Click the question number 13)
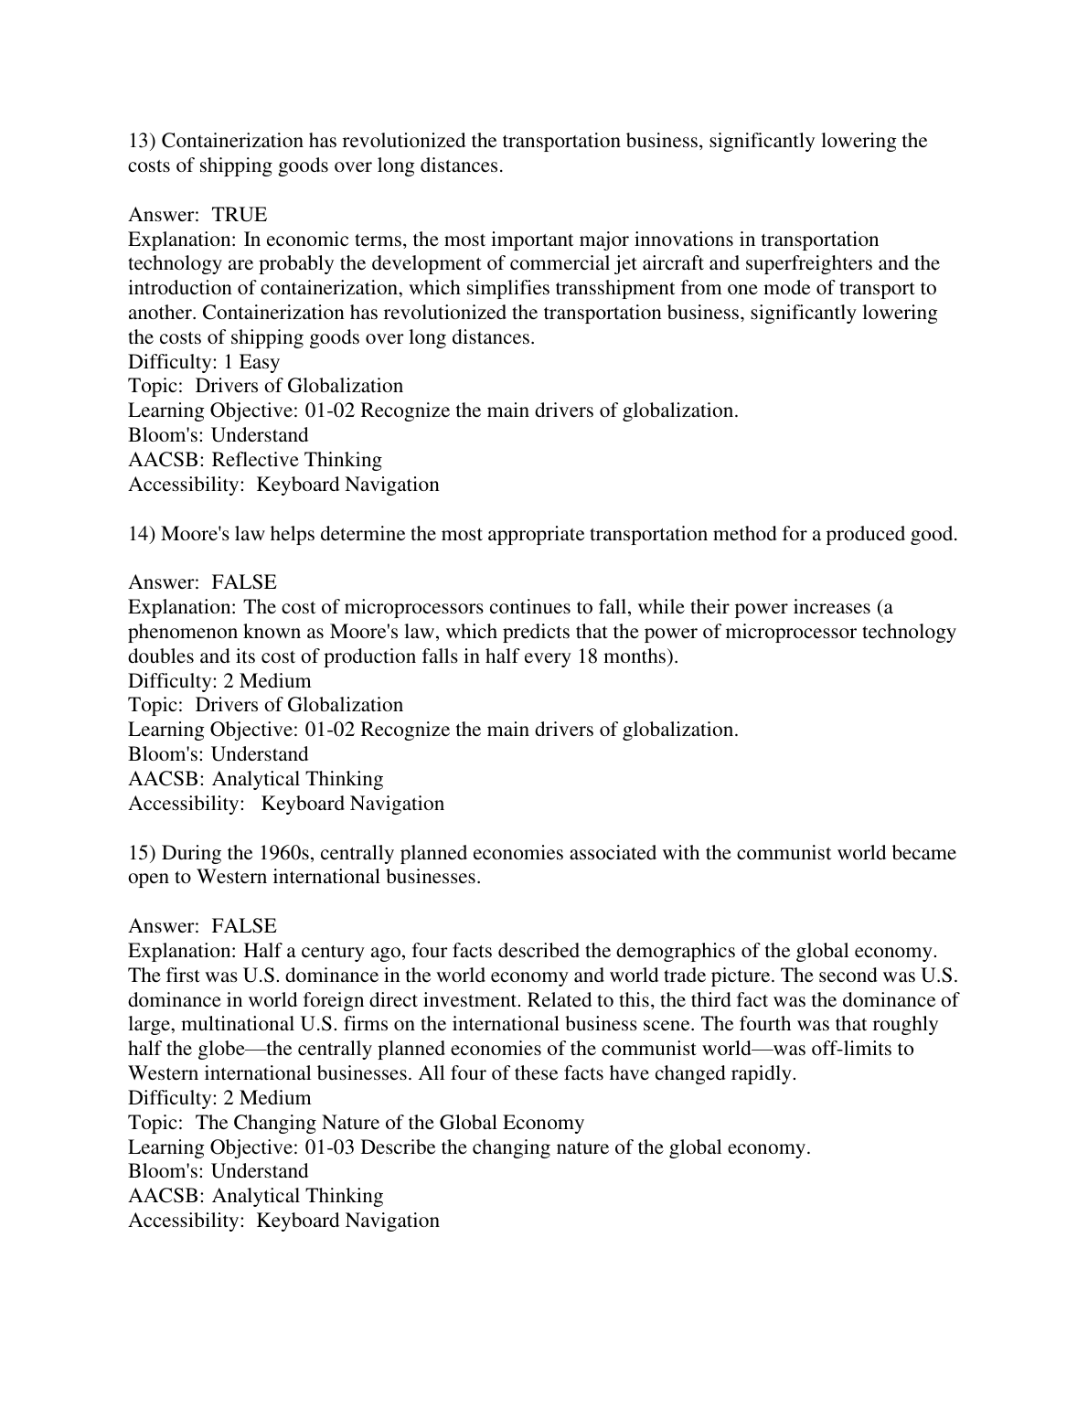pyautogui.click(x=142, y=141)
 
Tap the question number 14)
pyautogui.click(x=142, y=534)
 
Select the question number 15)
pyautogui.click(x=142, y=853)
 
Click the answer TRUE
pyautogui.click(x=240, y=215)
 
